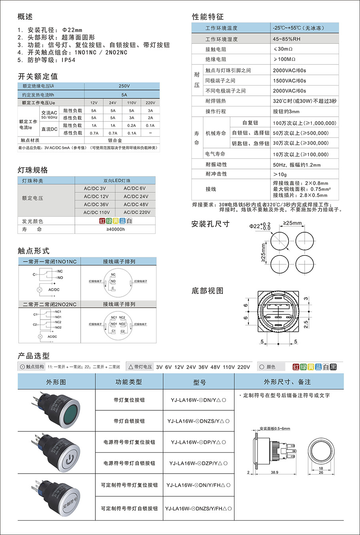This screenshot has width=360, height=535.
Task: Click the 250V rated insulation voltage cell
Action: point(124,86)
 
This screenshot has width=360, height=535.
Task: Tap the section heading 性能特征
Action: point(208,17)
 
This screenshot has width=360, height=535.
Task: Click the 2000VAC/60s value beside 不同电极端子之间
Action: point(289,91)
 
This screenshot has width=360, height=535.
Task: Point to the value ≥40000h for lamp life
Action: point(116,230)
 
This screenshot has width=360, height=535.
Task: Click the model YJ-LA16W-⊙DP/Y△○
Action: point(199,442)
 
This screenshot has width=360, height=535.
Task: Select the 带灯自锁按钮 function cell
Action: point(129,421)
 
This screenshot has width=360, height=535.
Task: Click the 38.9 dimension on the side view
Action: point(275,472)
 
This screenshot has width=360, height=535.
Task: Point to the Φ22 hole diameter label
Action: point(255,226)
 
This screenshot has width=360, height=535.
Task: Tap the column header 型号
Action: point(199,382)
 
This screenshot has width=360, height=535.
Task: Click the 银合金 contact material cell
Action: point(115,140)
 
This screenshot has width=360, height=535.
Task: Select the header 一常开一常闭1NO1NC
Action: point(49,262)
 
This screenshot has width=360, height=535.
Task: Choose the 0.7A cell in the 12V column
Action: point(94,133)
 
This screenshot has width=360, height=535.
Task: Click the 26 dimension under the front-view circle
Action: point(321,472)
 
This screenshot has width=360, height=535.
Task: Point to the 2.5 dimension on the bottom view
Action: point(305,324)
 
